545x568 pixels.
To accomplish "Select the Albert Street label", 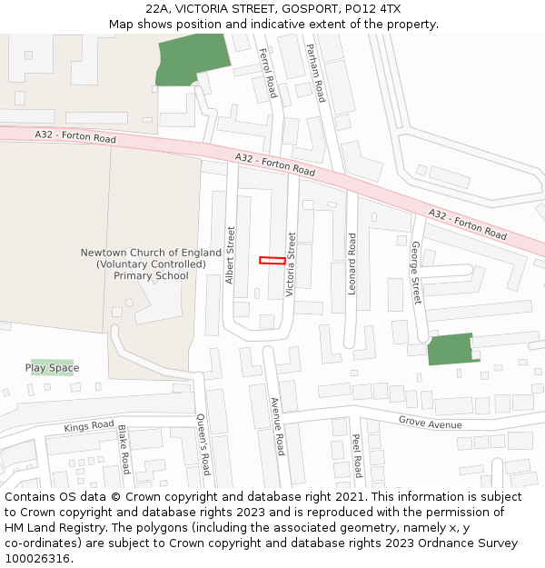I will click(x=231, y=254).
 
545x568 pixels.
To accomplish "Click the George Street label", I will click(x=416, y=273).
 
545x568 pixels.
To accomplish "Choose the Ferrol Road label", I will click(x=268, y=74).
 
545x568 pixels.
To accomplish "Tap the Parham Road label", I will click(x=315, y=73).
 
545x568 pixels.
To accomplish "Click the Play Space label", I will click(x=52, y=368).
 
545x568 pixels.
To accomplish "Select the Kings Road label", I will click(x=89, y=426).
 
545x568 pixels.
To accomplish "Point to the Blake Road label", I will click(x=123, y=450).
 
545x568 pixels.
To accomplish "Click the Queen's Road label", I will click(x=203, y=444).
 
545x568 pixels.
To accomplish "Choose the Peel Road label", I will click(x=357, y=455).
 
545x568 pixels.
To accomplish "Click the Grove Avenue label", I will click(x=430, y=424).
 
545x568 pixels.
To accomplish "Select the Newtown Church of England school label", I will click(x=151, y=264).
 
